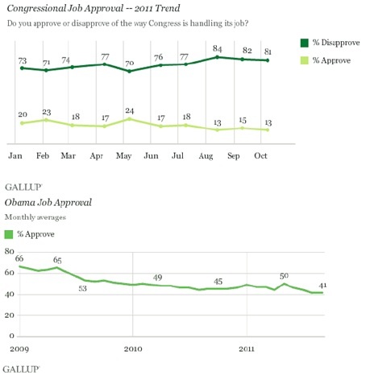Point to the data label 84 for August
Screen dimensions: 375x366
(x=217, y=47)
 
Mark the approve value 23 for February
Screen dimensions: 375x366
(x=47, y=111)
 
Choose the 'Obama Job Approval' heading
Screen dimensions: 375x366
(x=48, y=203)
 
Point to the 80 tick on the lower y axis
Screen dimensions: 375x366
(x=10, y=252)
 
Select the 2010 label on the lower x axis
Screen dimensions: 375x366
(x=131, y=349)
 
